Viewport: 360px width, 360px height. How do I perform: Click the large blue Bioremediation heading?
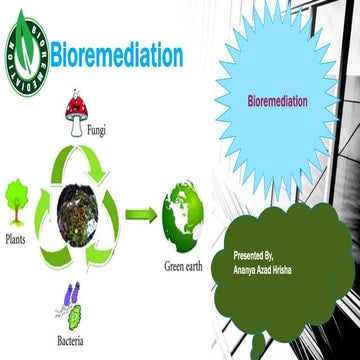(116, 54)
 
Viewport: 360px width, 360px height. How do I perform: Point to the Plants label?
(16, 239)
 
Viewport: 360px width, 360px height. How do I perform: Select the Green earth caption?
(187, 267)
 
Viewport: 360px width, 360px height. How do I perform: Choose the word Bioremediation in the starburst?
(277, 101)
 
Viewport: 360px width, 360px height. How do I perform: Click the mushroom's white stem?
(75, 126)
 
